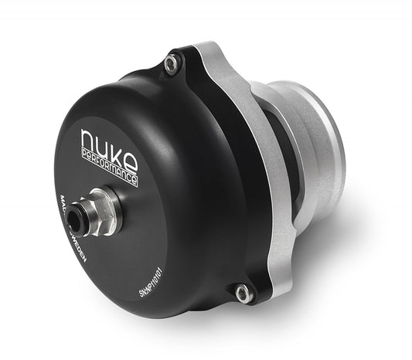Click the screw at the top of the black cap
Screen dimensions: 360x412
(x=173, y=64)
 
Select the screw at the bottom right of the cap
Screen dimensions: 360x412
(x=243, y=293)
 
